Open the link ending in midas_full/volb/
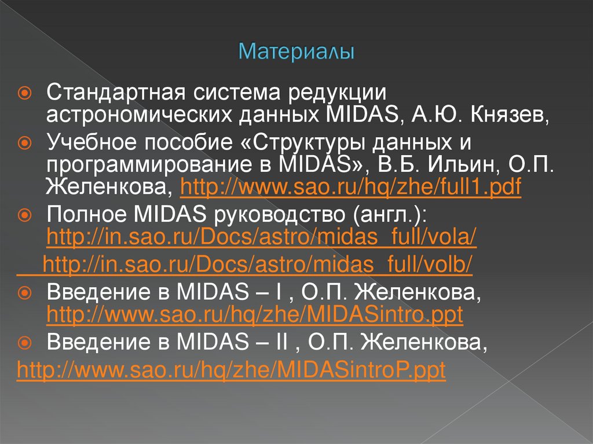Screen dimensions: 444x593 click(258, 265)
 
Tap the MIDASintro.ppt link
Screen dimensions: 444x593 click(254, 315)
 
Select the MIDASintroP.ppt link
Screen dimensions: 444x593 click(231, 370)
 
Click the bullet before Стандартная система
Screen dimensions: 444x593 click(25, 93)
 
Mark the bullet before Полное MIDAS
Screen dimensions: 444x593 click(25, 215)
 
